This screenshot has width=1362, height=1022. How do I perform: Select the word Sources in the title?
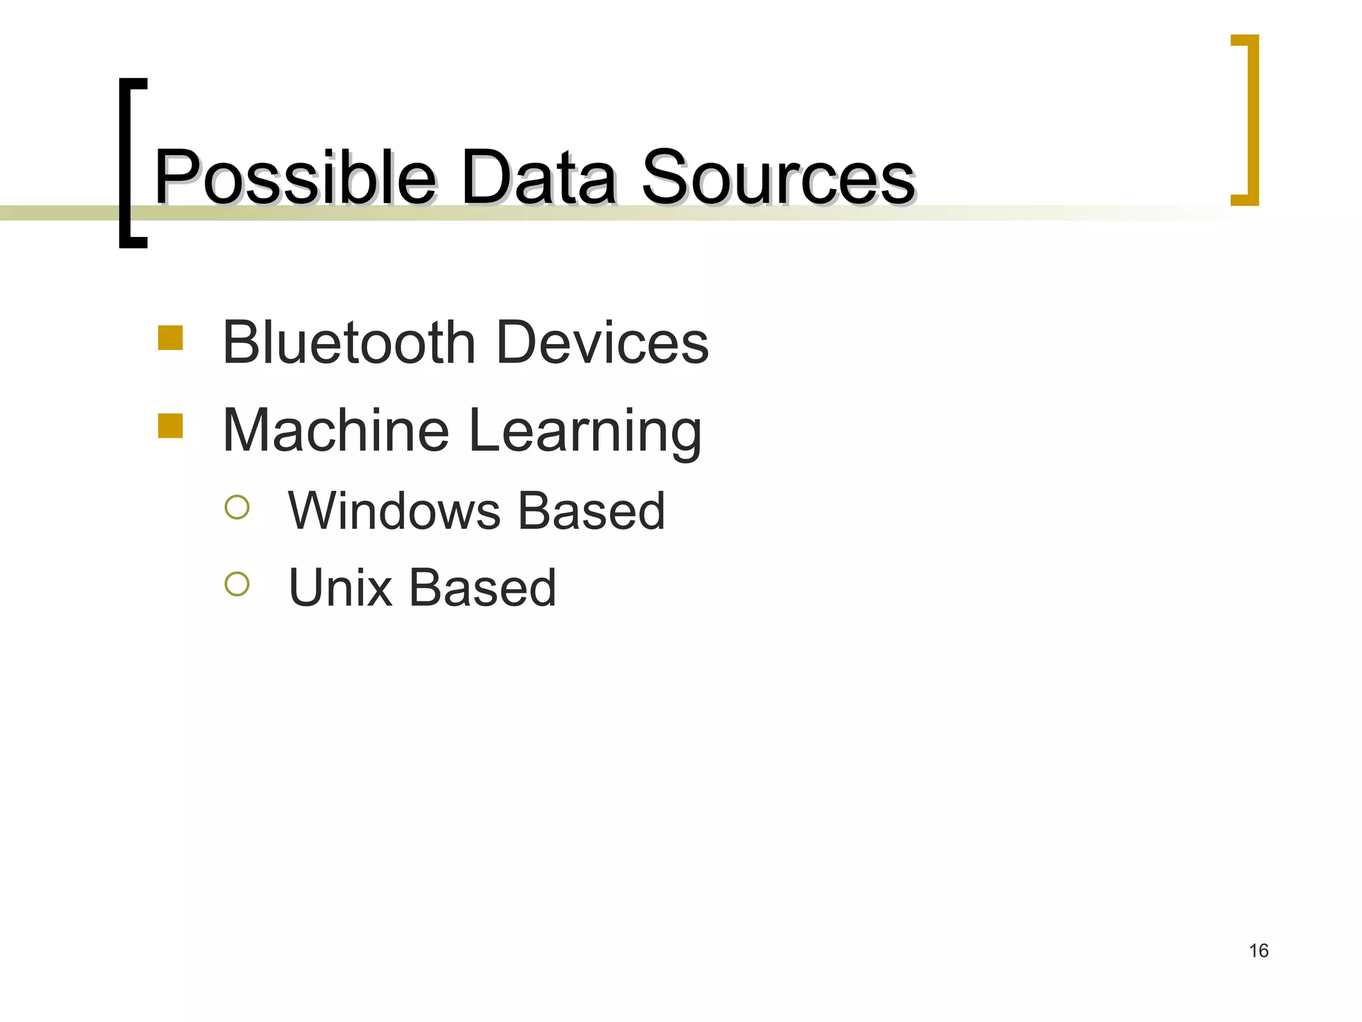pyautogui.click(x=778, y=177)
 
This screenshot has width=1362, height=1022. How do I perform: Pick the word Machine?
pyautogui.click(x=336, y=430)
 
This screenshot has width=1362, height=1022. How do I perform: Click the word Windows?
pyautogui.click(x=394, y=511)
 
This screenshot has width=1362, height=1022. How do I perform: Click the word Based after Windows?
pyautogui.click(x=591, y=511)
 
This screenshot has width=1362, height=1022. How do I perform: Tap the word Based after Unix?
pyautogui.click(x=482, y=588)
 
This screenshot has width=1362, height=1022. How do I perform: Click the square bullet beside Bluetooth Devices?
pyautogui.click(x=170, y=337)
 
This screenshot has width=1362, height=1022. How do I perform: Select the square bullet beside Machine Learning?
pyautogui.click(x=170, y=426)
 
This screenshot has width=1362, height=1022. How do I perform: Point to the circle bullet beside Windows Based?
pyautogui.click(x=237, y=507)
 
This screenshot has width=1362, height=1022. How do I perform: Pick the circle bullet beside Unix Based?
pyautogui.click(x=237, y=584)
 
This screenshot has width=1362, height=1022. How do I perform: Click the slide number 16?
pyautogui.click(x=1258, y=951)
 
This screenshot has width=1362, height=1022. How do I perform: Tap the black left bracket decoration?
pyautogui.click(x=126, y=163)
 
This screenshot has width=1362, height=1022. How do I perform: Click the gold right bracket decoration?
pyautogui.click(x=1250, y=120)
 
